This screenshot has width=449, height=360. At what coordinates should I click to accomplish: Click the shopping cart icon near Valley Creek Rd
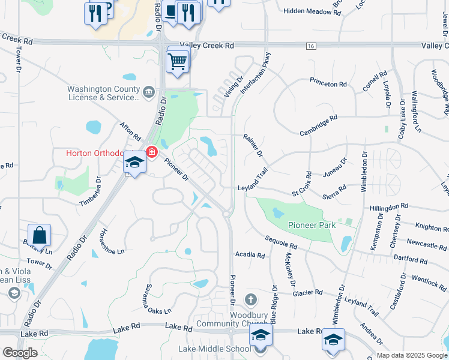pyautogui.click(x=178, y=60)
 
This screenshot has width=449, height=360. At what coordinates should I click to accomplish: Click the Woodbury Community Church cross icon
pyautogui.click(x=251, y=299)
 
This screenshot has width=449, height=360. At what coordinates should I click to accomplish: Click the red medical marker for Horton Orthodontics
pyautogui.click(x=151, y=152)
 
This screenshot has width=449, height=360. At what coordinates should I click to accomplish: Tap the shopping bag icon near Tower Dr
pyautogui.click(x=39, y=235)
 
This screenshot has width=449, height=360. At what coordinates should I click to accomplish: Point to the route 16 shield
pyautogui.click(x=310, y=46)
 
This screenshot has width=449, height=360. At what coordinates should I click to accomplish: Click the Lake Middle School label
pyautogui.click(x=214, y=349)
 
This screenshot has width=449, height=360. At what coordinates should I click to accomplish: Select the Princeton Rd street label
pyautogui.click(x=328, y=84)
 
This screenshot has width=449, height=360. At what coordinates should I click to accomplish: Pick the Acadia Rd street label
pyautogui.click(x=250, y=255)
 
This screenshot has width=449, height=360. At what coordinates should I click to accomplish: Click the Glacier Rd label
pyautogui.click(x=308, y=293)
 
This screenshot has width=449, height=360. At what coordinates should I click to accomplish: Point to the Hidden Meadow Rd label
pyautogui.click(x=307, y=11)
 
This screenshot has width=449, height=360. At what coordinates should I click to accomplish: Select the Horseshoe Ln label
pyautogui.click(x=112, y=242)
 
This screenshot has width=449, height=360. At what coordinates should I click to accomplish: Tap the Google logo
pyautogui.click(x=19, y=353)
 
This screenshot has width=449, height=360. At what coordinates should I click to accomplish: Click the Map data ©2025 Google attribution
pyautogui.click(x=411, y=355)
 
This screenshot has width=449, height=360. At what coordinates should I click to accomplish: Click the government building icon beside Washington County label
pyautogui.click(x=149, y=92)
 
